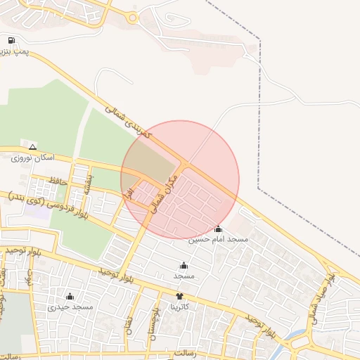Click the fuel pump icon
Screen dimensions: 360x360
[x=12, y=41]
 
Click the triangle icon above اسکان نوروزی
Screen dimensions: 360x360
[x=32, y=148]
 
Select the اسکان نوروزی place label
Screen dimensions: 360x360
[x=33, y=159]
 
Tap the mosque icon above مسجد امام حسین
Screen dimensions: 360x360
[x=218, y=229]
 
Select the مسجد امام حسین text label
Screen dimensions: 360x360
[x=218, y=240]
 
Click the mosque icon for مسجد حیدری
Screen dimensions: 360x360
[x=70, y=296]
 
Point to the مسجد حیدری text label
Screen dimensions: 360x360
[x=70, y=307]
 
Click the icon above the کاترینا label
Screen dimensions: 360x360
[x=179, y=296]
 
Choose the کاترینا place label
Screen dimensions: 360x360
[x=179, y=307]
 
